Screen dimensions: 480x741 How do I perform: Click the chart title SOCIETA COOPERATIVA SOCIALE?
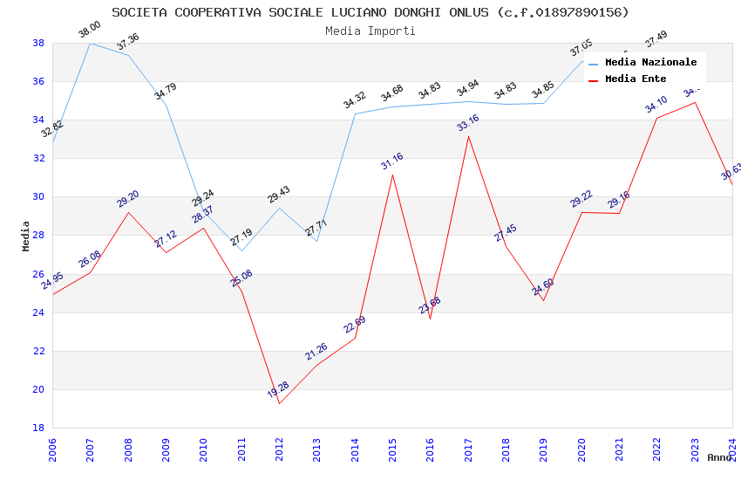tap(370, 12)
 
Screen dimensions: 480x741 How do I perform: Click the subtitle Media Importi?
tap(370, 31)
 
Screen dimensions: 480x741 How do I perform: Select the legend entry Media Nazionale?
tap(650, 63)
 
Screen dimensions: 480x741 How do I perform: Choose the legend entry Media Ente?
tap(636, 79)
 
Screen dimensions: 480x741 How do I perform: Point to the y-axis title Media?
tap(26, 236)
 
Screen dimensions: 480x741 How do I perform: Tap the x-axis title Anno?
tap(719, 457)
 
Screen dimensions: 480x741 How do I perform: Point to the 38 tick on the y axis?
tap(38, 43)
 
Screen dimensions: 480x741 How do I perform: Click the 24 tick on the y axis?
tap(38, 312)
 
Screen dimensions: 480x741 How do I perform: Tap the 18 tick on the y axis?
tap(38, 428)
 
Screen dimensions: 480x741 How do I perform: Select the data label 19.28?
tap(279, 389)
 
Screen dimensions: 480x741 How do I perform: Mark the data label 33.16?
tap(468, 123)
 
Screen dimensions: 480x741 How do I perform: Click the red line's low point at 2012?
tap(279, 403)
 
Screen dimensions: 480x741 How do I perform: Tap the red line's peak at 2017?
tap(468, 136)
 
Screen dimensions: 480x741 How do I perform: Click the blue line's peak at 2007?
tap(90, 43)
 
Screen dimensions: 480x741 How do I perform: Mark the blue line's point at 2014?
tap(355, 113)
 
